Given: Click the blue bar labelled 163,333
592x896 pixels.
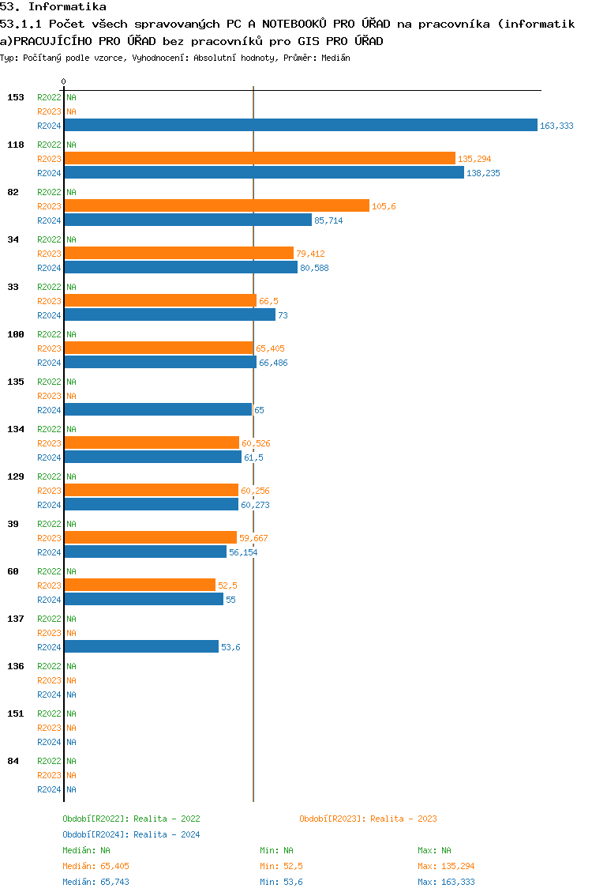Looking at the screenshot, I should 300,125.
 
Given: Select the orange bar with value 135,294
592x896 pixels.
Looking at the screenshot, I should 260,158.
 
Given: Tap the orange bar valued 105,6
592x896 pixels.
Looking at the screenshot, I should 216,205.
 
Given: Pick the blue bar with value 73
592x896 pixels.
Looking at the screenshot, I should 170,314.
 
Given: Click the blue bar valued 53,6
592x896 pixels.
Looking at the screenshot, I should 141,646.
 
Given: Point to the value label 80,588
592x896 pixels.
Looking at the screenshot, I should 314,268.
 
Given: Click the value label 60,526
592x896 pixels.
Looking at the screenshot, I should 256,443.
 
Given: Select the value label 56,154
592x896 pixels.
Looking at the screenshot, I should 243,552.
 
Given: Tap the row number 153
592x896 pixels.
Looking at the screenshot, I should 16,97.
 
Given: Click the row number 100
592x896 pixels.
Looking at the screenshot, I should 16,334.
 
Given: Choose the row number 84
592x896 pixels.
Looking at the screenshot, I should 13,761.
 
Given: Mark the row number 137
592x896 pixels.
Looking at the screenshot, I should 16,619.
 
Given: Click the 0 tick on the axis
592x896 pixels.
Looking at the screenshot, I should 63,81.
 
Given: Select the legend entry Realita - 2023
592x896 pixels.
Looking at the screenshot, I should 368,819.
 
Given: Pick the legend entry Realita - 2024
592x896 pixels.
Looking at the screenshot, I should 131,834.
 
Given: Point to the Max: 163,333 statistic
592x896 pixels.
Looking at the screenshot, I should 446,882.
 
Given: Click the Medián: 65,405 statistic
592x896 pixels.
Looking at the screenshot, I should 96,866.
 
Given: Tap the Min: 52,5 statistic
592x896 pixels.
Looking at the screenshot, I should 281,866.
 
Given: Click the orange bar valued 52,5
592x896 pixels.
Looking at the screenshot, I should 140,585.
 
